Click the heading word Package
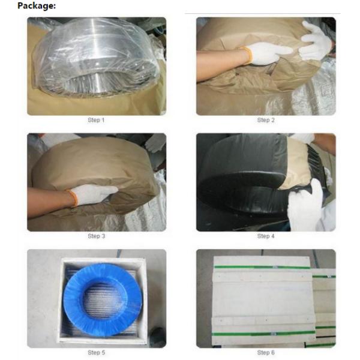pyautogui.click(x=37, y=6)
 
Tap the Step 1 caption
pyautogui.click(x=96, y=120)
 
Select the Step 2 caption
pyautogui.click(x=266, y=120)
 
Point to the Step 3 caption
pyautogui.click(x=96, y=236)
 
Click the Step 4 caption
pyautogui.click(x=266, y=236)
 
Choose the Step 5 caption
pyautogui.click(x=96, y=352)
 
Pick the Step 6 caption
pyautogui.click(x=266, y=352)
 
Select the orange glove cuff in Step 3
pyautogui.click(x=73, y=198)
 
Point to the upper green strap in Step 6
pyautogui.click(x=262, y=267)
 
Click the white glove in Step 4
pyautogui.click(x=304, y=205)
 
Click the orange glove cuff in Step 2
pyautogui.click(x=247, y=55)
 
